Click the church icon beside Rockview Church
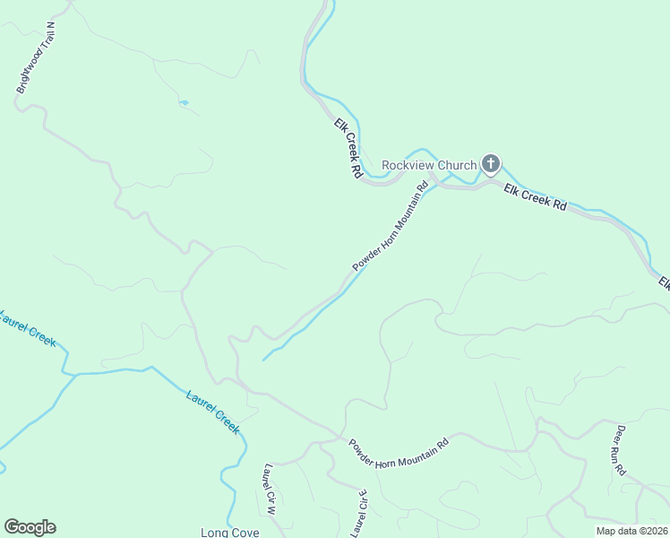490,164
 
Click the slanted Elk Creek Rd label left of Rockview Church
348,148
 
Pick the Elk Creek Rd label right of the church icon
536,197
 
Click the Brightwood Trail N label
36,59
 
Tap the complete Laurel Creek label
212,412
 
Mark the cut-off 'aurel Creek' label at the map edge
28,329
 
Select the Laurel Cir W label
270,490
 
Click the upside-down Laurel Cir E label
359,512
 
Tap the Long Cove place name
230,533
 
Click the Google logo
30,527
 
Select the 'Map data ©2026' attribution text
631,531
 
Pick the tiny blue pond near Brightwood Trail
184,103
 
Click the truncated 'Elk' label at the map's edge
665,284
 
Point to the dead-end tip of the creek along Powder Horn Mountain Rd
262,360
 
